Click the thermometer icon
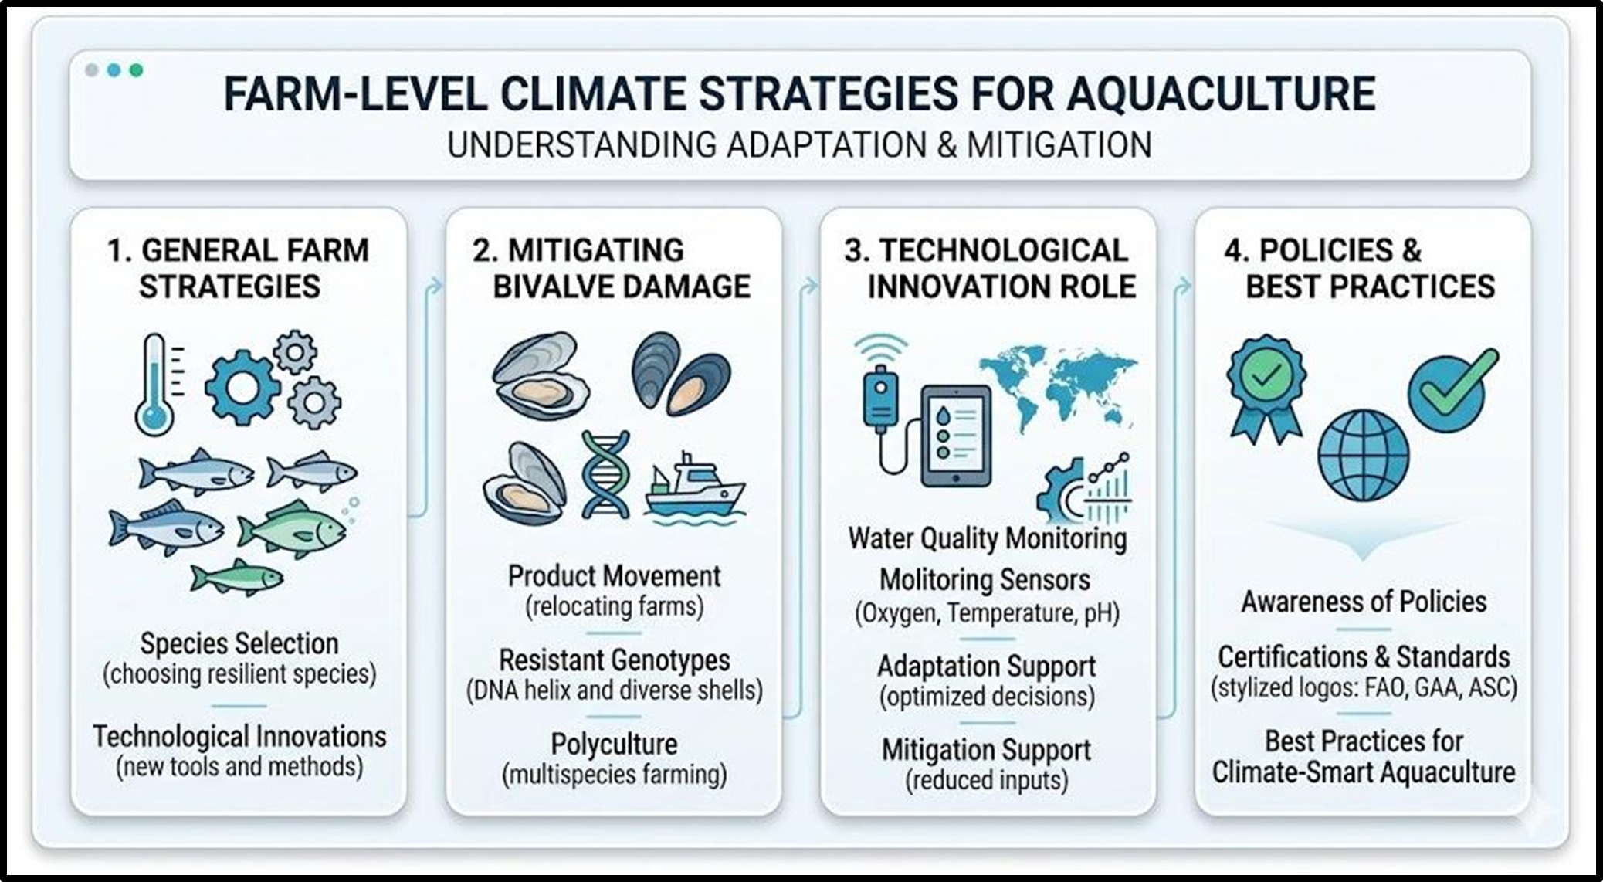(155, 384)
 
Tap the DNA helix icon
(605, 473)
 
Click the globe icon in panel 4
(1363, 456)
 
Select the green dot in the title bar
(137, 70)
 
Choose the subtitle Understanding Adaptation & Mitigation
(799, 145)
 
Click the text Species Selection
(239, 643)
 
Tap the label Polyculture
(614, 745)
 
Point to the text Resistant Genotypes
(614, 660)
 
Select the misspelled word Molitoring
(933, 580)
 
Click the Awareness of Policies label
(1364, 602)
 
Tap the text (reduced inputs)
(987, 780)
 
